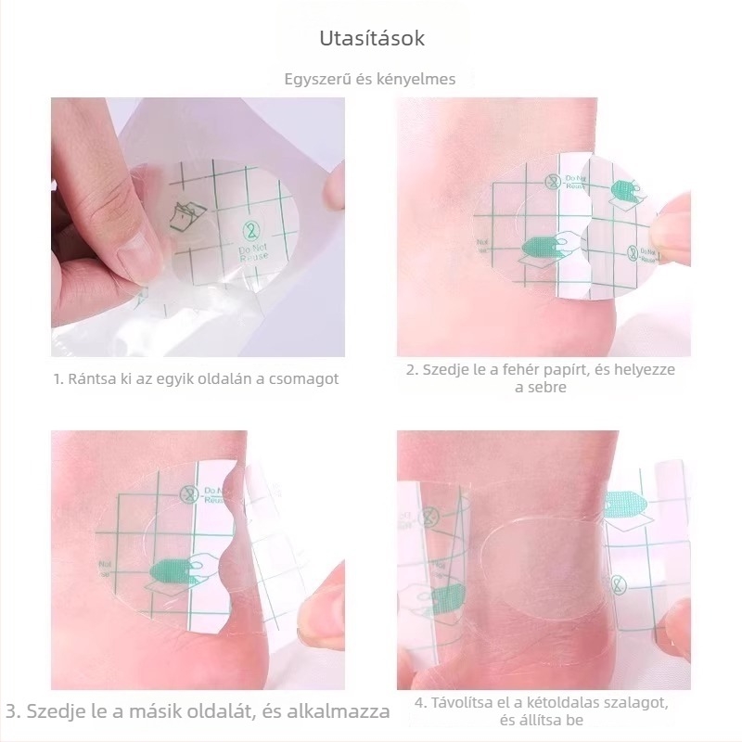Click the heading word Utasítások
pos(372,38)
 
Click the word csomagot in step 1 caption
pos(304,379)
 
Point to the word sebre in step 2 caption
pos(541,387)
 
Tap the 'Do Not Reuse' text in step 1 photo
pos(253,252)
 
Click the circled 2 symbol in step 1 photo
pos(251,230)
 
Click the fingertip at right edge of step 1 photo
pos(335,187)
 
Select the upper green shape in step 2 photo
pos(623,189)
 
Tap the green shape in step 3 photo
pos(170,571)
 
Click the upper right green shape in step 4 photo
pos(625,505)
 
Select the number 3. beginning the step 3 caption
pos(13,711)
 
